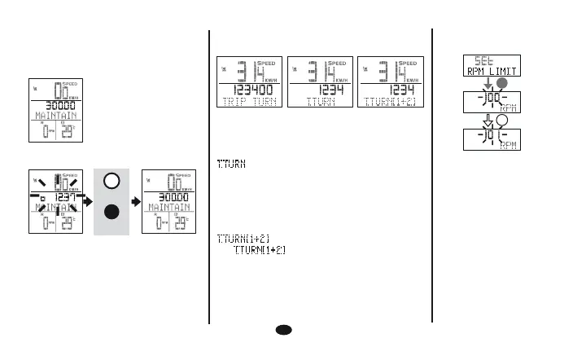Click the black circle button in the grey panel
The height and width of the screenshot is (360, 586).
click(x=112, y=213)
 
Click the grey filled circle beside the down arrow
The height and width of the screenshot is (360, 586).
click(x=501, y=83)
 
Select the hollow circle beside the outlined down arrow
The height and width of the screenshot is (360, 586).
click(x=501, y=121)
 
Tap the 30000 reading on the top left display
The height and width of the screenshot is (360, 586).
click(x=54, y=105)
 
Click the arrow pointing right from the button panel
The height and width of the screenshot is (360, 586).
click(x=135, y=196)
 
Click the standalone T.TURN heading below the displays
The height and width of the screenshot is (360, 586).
click(x=232, y=165)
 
